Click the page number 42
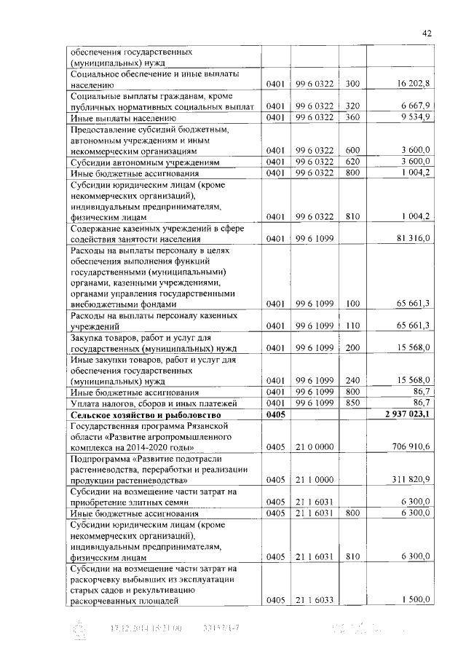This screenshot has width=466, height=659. coord(427,33)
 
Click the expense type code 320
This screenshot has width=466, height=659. coord(353,106)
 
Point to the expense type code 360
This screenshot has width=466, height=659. coord(353,117)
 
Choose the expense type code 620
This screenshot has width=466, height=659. coord(353,162)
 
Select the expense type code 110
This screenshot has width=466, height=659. coord(353,325)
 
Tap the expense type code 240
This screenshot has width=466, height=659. coord(353,380)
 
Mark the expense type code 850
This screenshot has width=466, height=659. coord(353,403)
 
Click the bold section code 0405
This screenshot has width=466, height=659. coord(277,414)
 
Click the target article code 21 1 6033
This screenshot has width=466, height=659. coord(315,601)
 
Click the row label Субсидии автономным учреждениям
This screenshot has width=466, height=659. coord(143,162)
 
